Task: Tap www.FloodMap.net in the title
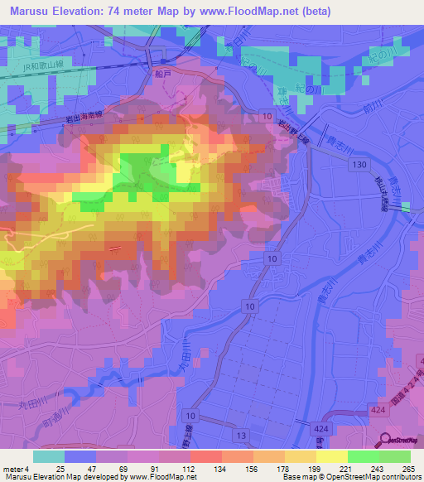(x=253, y=12)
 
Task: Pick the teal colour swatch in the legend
(x=48, y=456)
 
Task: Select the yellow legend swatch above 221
(x=331, y=456)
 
